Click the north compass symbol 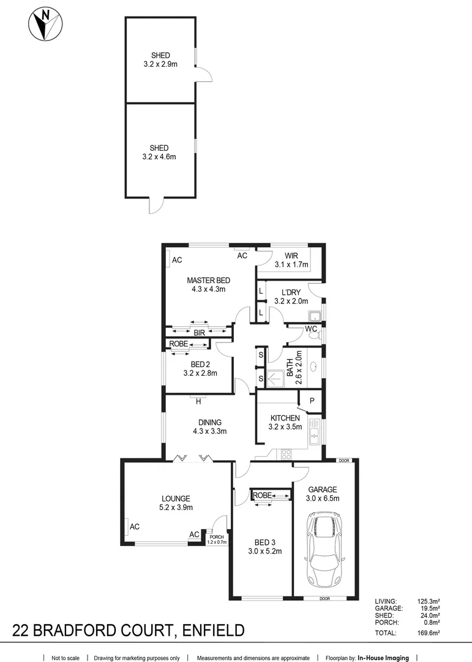[45, 24]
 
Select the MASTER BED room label [208, 280]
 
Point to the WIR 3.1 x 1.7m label [291, 260]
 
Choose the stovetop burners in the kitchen [287, 454]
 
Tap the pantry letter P [312, 401]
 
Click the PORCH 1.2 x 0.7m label [217, 539]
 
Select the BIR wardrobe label [199, 333]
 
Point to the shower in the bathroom [275, 379]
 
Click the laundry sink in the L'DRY [315, 316]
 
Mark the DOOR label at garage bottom [325, 599]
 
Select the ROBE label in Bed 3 [263, 495]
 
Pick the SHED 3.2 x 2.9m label [160, 60]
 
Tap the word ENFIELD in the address [213, 630]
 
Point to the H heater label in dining [198, 401]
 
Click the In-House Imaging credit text [383, 658]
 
